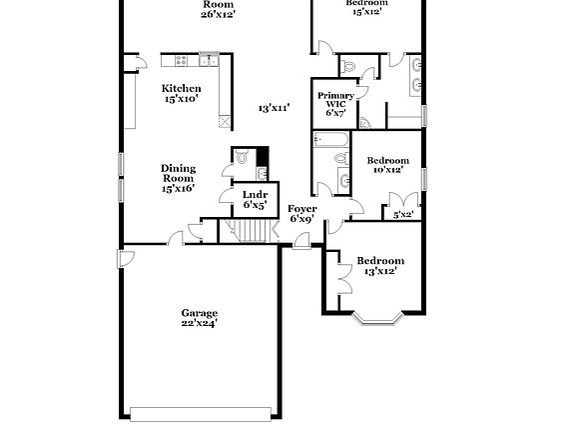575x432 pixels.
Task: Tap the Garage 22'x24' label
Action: tap(200, 318)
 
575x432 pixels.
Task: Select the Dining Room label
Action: tap(178, 178)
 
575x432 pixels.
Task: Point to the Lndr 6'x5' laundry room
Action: tap(255, 199)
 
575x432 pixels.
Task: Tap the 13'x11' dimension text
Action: tap(274, 108)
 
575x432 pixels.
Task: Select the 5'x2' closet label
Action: tap(403, 214)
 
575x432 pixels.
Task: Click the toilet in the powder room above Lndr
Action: tap(242, 157)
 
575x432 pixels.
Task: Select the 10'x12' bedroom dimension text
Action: tap(386, 169)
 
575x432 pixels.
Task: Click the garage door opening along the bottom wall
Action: tap(203, 413)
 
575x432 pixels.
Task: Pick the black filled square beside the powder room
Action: tap(264, 156)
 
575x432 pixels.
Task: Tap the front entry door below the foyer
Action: tap(301, 240)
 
